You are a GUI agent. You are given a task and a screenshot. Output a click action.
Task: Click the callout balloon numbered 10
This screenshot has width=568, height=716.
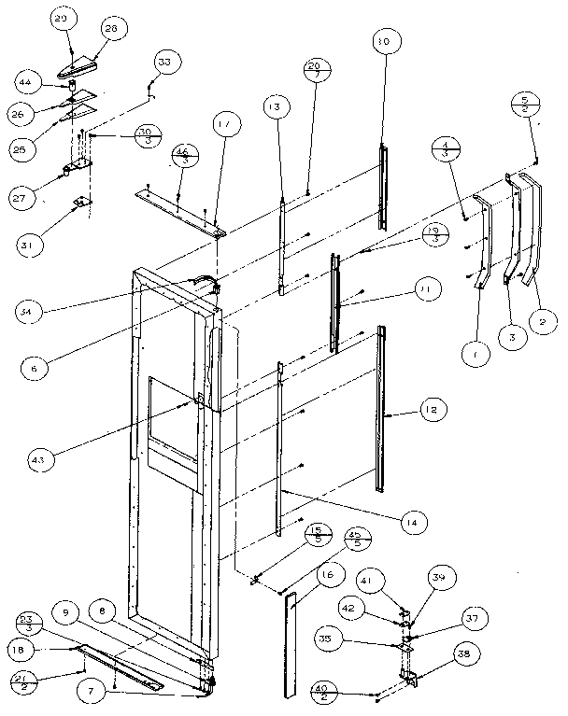[x=384, y=43]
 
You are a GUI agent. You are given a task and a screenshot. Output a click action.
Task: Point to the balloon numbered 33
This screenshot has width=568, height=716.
[x=165, y=63]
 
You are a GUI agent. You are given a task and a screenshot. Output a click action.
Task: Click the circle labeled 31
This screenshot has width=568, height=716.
[x=31, y=246]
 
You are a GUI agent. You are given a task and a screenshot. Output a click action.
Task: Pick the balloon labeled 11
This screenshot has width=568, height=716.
[x=426, y=290]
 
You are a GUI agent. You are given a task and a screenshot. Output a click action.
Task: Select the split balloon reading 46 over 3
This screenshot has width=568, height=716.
[x=184, y=154]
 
